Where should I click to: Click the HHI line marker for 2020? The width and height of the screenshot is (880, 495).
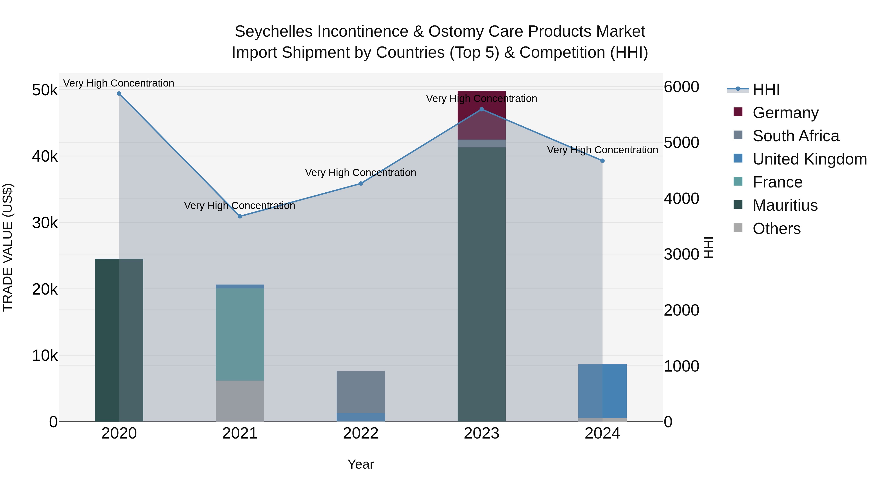[119, 94]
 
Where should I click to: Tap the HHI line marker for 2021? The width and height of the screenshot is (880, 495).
[240, 216]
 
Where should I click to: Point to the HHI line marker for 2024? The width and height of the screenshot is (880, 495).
[602, 161]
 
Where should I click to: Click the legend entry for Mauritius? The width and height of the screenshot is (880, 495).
[785, 205]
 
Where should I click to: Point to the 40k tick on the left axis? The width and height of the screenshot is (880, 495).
[45, 156]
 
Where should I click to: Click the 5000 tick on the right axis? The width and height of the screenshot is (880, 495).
[681, 143]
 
